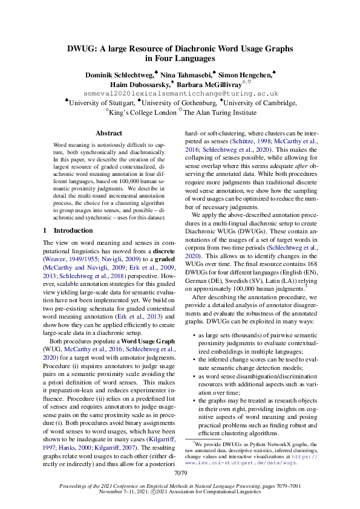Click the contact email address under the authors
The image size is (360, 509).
180,94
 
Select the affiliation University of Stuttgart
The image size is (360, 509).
102,103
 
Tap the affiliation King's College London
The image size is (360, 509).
143,112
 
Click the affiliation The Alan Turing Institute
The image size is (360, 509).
221,112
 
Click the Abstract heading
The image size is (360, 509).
109,133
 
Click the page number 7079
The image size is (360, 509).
180,474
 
